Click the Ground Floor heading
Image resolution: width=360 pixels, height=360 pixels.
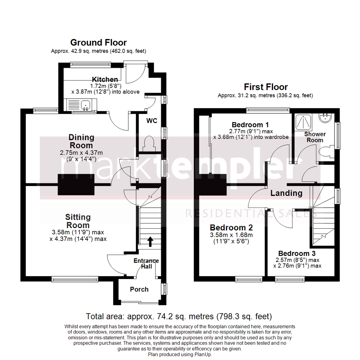(98, 43)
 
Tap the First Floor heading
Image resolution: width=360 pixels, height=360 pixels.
(265, 87)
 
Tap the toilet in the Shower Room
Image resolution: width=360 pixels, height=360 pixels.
(326, 152)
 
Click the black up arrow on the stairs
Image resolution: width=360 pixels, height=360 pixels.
(150, 241)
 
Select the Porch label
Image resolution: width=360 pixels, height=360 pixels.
(139, 289)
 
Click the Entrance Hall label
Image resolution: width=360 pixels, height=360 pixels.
(146, 263)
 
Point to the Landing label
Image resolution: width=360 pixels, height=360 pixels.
(286, 193)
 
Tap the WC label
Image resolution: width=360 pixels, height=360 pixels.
(151, 120)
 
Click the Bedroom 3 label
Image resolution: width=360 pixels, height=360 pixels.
(297, 253)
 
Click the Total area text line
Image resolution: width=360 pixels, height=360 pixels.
(179, 316)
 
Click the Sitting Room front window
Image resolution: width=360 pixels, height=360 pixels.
(75, 277)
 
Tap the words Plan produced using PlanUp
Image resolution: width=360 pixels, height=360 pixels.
(180, 355)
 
